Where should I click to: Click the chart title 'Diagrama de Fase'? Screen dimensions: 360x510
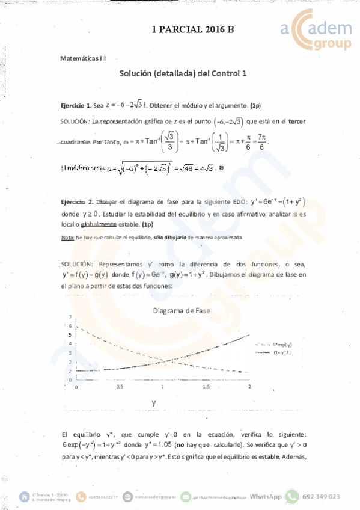tap(181, 310)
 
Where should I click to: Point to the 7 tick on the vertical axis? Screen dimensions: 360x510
tap(70, 316)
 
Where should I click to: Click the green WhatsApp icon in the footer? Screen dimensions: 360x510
tap(292, 497)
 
